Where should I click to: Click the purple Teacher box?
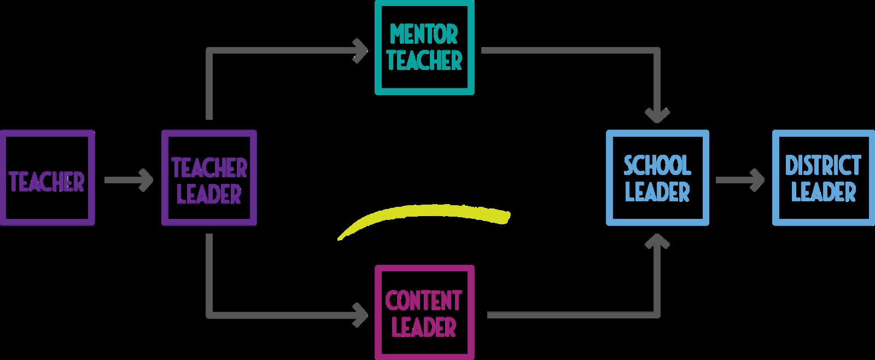[47, 178]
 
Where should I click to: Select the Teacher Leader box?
[209, 178]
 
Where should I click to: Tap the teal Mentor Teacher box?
[424, 48]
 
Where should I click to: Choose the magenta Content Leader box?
[424, 312]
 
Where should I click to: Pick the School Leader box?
[657, 178]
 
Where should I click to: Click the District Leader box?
[823, 178]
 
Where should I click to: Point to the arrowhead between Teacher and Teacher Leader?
[146, 180]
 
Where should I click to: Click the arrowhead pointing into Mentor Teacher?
[361, 50]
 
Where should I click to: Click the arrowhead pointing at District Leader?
[757, 180]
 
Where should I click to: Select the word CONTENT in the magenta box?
[423, 300]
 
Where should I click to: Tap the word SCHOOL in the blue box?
[657, 165]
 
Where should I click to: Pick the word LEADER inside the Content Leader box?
[424, 327]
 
